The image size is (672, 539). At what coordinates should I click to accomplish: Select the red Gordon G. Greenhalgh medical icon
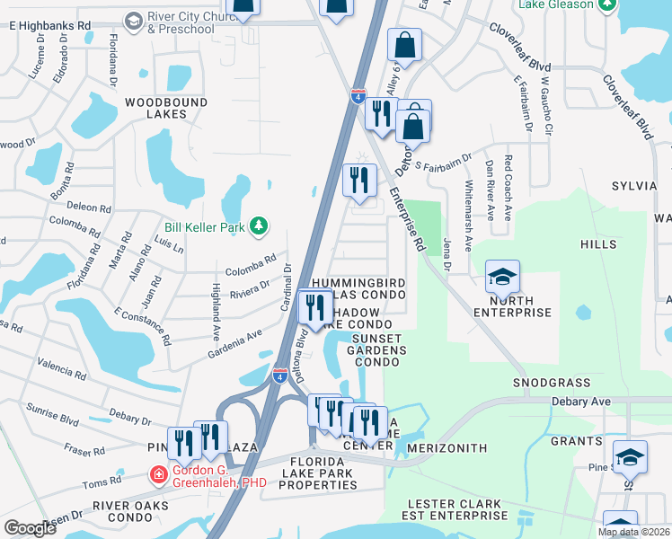click(159, 473)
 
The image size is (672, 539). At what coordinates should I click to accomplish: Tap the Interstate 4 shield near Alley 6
click(358, 95)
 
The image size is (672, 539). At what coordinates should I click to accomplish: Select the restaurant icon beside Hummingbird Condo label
click(315, 308)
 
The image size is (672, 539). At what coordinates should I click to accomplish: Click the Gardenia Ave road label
click(237, 335)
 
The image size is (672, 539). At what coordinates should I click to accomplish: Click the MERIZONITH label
click(447, 447)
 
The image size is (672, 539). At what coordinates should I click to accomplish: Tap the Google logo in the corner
click(30, 528)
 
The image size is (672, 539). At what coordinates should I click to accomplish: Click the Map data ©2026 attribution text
click(633, 532)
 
